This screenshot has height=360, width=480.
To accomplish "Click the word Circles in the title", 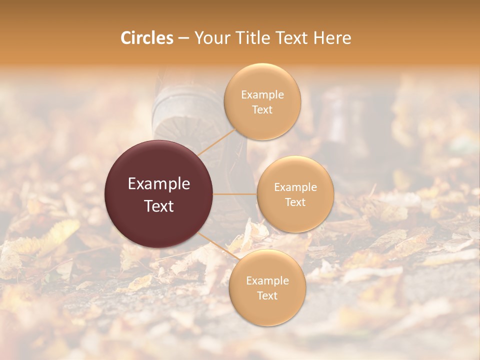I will (147, 38).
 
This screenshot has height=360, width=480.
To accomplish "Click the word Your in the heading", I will (212, 38).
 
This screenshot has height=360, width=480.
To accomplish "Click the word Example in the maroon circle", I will (159, 184).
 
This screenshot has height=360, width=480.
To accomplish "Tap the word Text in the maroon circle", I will (159, 206).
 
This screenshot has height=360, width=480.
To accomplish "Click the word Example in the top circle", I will (262, 95).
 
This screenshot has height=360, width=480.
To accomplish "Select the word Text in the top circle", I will (262, 109).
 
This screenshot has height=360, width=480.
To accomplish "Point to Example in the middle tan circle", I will (295, 187).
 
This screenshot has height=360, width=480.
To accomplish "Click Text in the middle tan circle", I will (295, 202).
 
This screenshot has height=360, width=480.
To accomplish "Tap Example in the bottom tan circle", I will (267, 280).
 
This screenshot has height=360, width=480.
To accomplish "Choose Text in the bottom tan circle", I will (267, 295).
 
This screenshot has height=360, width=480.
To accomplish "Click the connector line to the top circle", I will (216, 141).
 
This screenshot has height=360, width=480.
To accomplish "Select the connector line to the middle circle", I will (235, 194).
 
